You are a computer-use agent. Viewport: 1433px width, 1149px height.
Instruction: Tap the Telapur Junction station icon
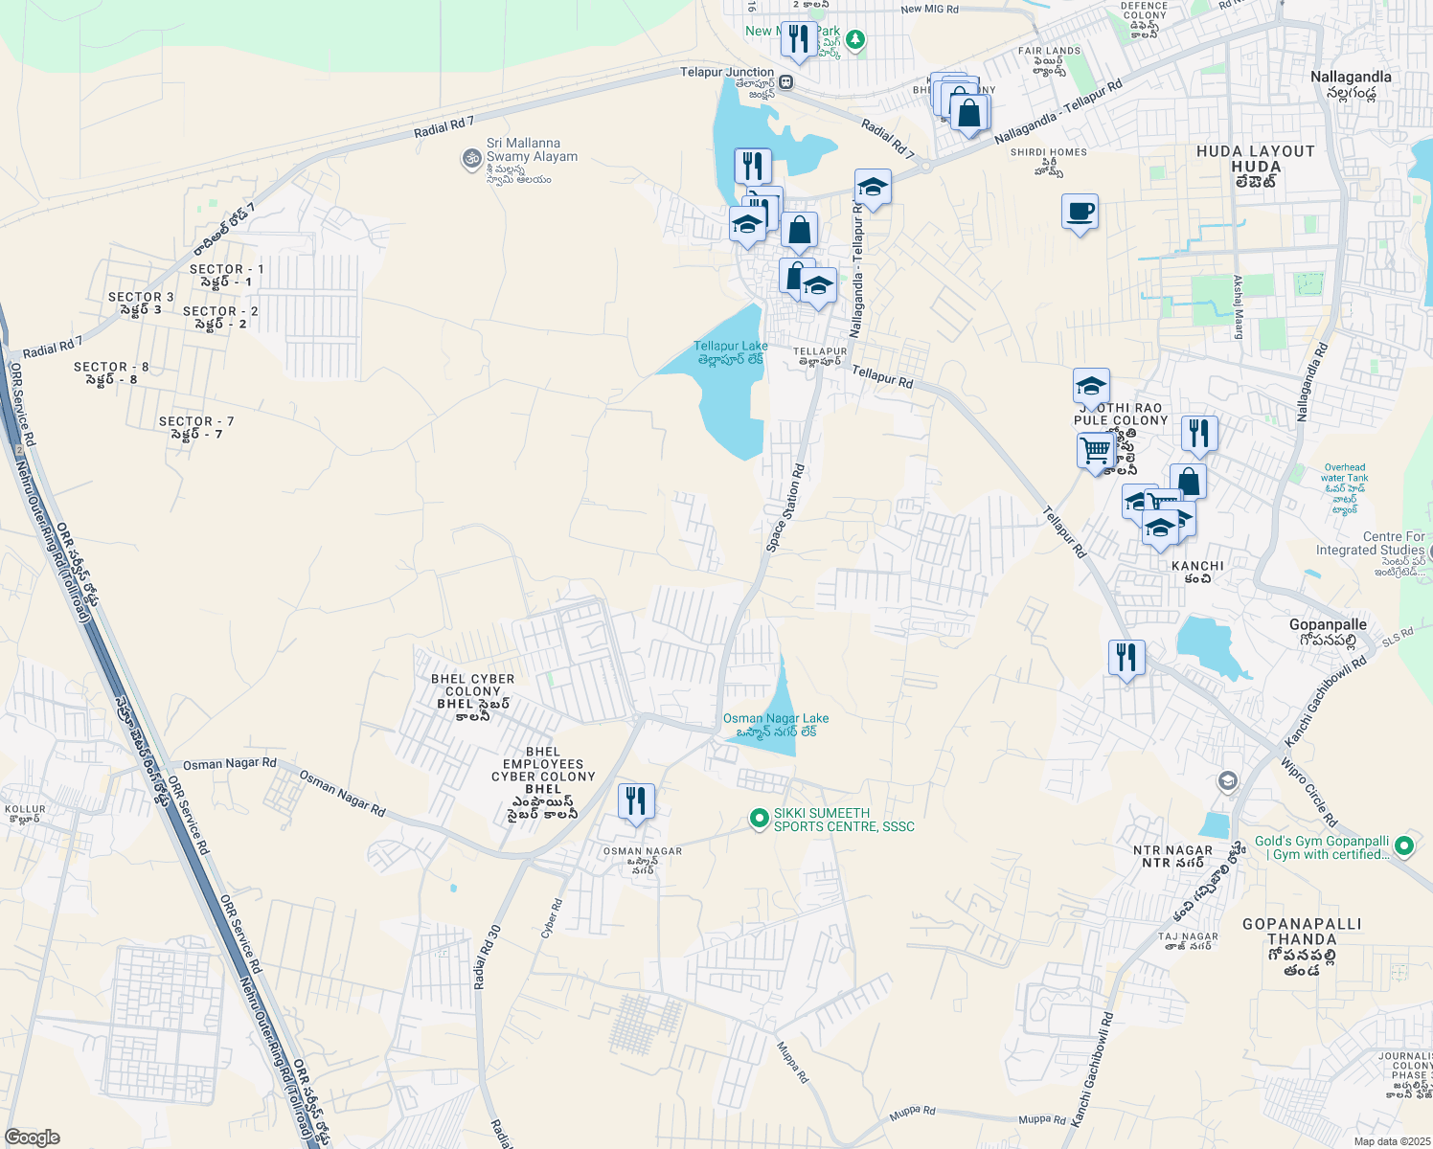(785, 81)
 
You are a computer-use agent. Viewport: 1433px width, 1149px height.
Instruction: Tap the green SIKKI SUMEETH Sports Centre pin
(759, 819)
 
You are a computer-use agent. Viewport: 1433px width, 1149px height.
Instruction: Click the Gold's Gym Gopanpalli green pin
(1404, 845)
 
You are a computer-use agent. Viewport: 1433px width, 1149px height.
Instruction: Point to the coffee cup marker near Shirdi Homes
(1080, 213)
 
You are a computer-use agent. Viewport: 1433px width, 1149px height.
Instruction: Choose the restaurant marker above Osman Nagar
(636, 801)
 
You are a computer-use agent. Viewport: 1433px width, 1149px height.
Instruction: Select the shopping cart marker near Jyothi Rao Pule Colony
(1095, 450)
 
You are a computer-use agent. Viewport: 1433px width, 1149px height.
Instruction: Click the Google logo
(32, 1138)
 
